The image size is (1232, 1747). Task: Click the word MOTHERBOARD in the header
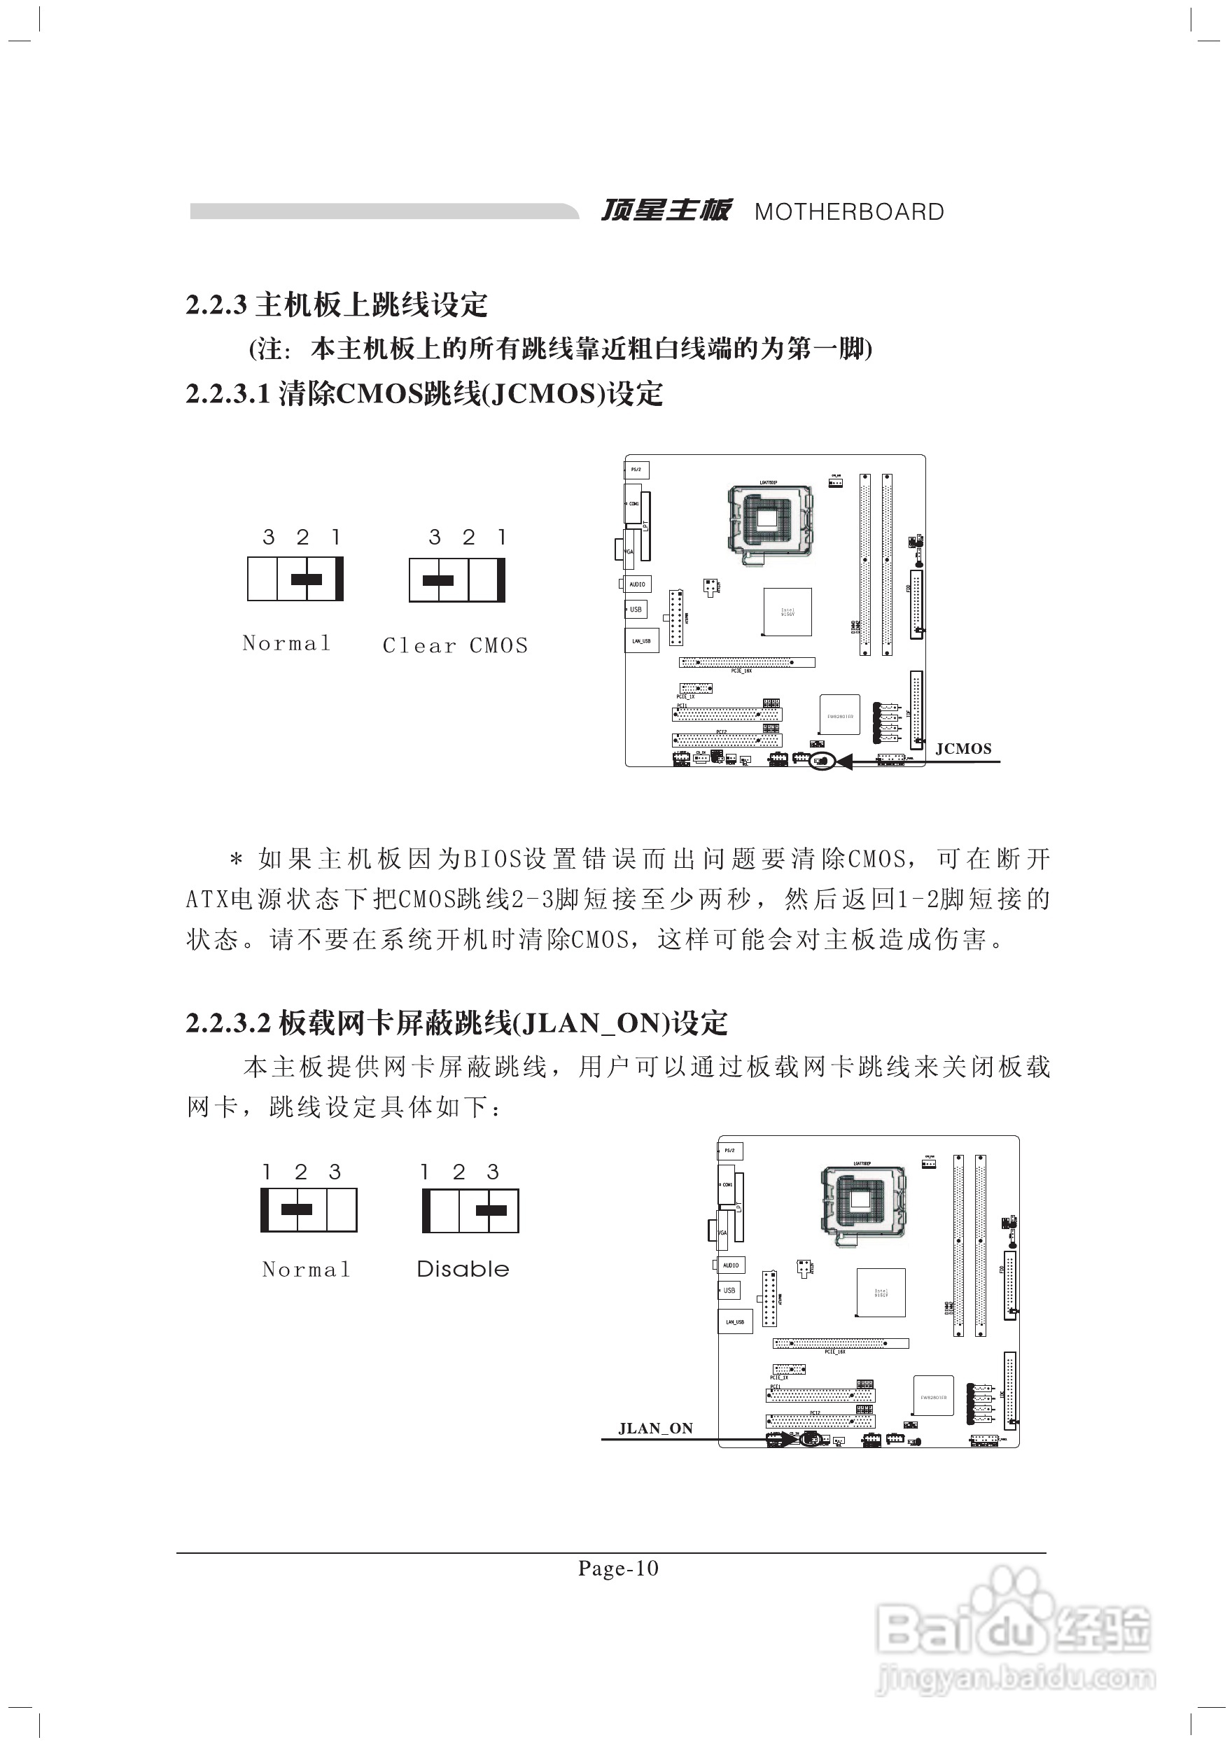click(848, 212)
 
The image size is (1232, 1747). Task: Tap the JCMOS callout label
click(962, 749)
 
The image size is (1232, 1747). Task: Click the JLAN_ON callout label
click(655, 1429)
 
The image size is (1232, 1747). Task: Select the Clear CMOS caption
click(455, 646)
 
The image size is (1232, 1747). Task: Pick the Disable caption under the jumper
click(463, 1269)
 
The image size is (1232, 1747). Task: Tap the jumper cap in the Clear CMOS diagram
click(437, 580)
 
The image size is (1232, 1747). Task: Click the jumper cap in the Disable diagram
click(491, 1212)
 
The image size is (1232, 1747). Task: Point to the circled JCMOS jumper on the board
click(822, 761)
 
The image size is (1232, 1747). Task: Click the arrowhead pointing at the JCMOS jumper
click(843, 761)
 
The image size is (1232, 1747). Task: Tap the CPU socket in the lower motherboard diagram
click(862, 1202)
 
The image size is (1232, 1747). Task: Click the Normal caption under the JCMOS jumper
click(286, 644)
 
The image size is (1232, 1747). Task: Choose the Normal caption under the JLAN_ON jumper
click(306, 1270)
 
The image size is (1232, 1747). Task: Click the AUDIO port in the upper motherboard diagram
click(637, 584)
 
